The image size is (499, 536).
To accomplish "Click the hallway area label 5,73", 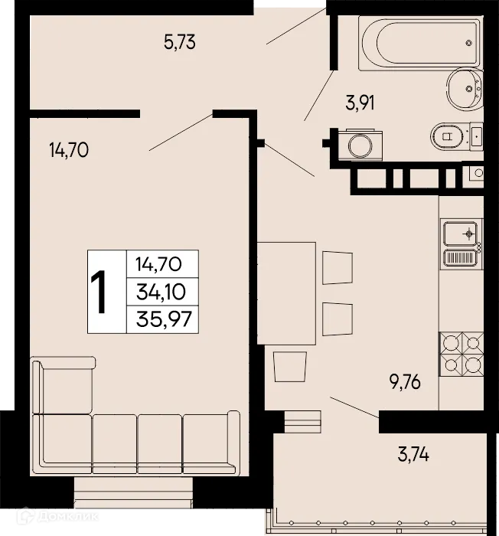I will [180, 42].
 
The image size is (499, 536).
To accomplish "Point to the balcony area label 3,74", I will [413, 456].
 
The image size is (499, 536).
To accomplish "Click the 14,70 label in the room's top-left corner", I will [69, 150].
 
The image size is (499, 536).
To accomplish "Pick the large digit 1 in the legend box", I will [99, 292].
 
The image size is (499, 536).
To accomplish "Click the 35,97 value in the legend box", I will [161, 317].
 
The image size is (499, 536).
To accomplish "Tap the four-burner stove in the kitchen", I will [461, 355].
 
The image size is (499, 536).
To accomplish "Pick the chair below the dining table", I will [290, 365].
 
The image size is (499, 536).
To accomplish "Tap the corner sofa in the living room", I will [130, 436].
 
